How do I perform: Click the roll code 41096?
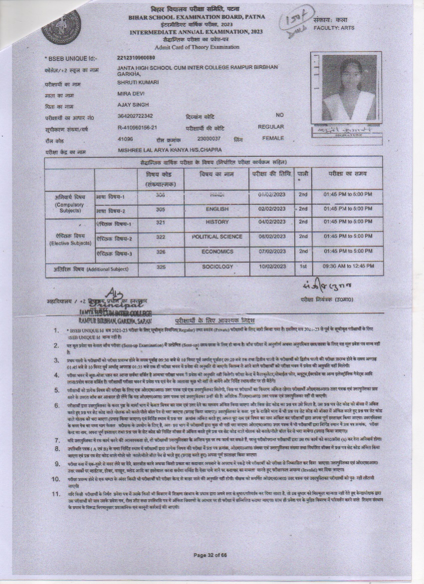click(125, 138)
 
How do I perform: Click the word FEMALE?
click(272, 138)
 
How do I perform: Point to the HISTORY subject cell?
click(216, 222)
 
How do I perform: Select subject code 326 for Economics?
click(160, 252)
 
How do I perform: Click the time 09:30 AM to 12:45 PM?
click(348, 267)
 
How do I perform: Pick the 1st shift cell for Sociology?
click(303, 267)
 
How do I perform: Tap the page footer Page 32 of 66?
click(210, 555)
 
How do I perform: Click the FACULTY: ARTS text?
click(334, 28)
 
